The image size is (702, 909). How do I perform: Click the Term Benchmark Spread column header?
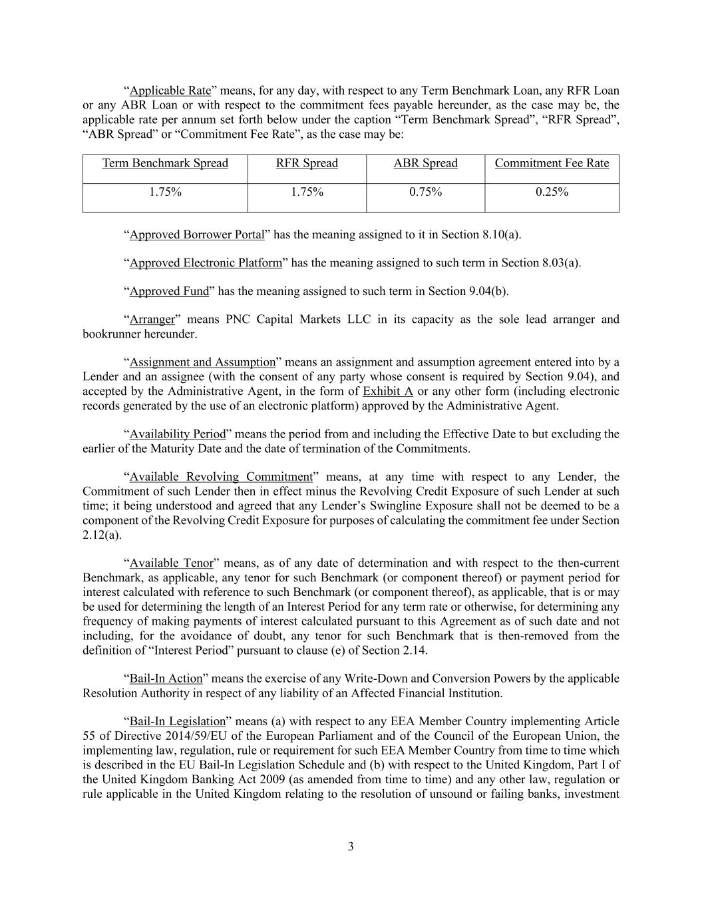coord(165,163)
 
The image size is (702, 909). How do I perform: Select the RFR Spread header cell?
coord(307,163)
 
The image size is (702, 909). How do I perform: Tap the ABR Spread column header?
coord(425,163)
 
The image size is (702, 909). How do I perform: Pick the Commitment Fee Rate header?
coord(552,163)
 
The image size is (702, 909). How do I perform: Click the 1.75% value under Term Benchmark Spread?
coord(165,192)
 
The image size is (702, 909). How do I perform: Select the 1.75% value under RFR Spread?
coord(307,192)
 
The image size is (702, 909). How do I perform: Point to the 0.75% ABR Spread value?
coord(425,192)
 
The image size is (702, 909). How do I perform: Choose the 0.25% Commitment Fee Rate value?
coord(552,192)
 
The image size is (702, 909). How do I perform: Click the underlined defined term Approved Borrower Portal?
coord(197,234)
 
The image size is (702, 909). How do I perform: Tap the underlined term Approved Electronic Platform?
coord(206,263)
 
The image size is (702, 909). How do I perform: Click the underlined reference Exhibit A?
coord(388,391)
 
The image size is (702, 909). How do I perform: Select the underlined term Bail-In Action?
coord(166,679)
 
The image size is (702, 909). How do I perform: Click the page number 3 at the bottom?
coord(351,847)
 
